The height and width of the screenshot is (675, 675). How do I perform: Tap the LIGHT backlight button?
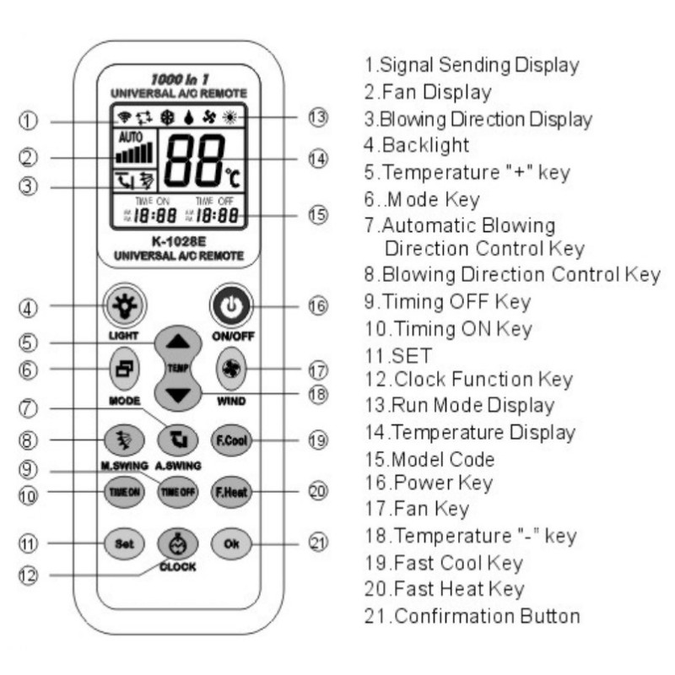coord(118,305)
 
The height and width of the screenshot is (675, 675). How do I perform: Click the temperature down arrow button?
coord(178,393)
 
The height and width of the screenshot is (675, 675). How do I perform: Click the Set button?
coord(118,543)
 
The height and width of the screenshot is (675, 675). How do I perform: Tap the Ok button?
coord(229,543)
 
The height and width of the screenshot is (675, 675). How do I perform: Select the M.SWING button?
coord(119,440)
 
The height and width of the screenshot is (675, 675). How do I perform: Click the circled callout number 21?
coord(316,543)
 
